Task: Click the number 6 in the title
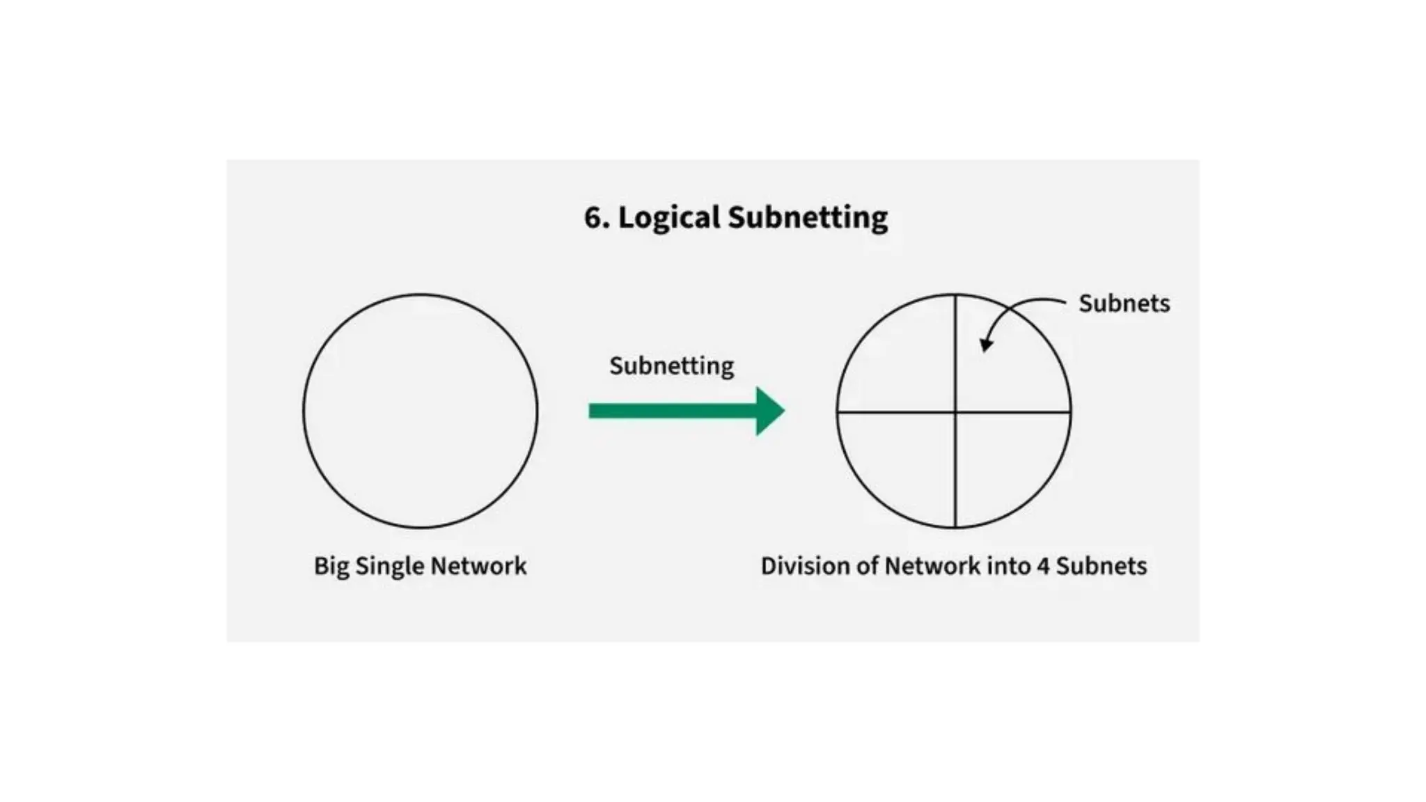click(x=593, y=217)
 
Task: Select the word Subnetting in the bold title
click(x=808, y=217)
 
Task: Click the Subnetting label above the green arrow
click(x=671, y=366)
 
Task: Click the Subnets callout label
click(x=1124, y=304)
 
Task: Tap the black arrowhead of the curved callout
click(x=986, y=344)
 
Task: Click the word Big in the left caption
click(x=331, y=566)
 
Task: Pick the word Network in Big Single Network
click(x=478, y=566)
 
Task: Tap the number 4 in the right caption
click(x=1042, y=566)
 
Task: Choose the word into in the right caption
click(x=1008, y=566)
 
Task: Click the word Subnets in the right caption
click(x=1101, y=566)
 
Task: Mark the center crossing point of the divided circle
click(x=955, y=412)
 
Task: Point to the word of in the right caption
click(x=868, y=566)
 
